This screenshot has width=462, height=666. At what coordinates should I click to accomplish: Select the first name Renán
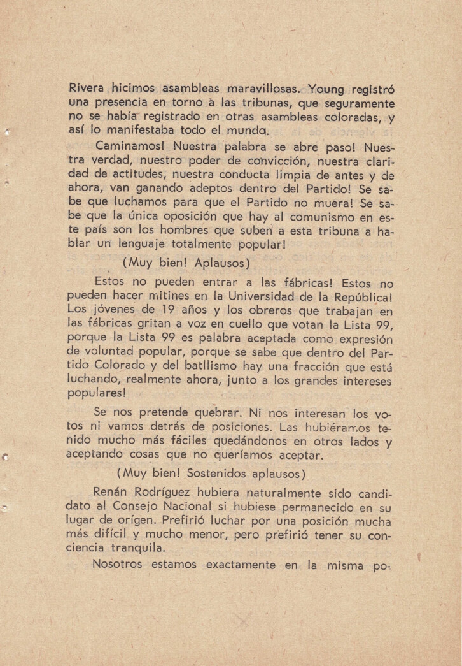coord(113,492)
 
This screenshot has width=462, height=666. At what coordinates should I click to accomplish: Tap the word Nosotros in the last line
coord(119,565)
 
